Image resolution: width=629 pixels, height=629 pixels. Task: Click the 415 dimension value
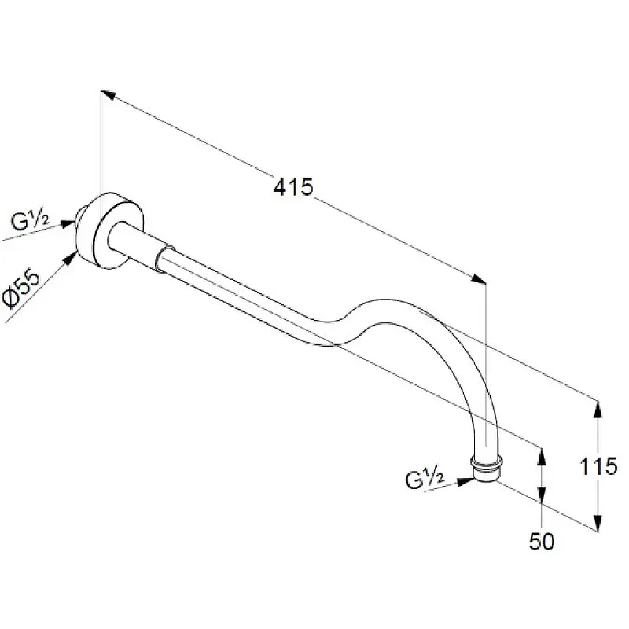click(292, 187)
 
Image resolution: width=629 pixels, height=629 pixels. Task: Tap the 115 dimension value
click(598, 466)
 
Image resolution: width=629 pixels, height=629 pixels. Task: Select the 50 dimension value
click(542, 541)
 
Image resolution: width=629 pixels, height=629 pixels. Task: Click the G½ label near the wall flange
click(30, 220)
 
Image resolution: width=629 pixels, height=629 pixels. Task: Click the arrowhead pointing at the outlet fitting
click(466, 481)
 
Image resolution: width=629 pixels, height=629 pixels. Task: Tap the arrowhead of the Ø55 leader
click(71, 257)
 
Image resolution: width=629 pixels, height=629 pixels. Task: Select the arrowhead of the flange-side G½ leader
click(68, 223)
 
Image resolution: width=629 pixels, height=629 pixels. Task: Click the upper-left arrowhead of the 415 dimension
click(109, 94)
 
